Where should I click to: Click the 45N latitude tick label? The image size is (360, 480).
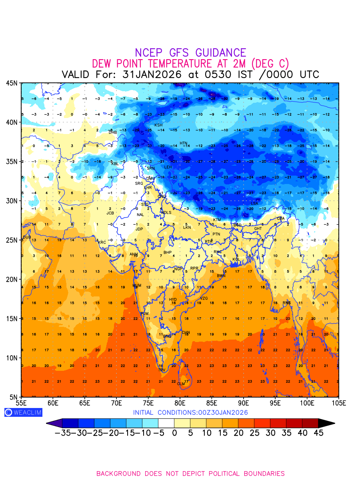[12, 83]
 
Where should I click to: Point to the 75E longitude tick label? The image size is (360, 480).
[148, 403]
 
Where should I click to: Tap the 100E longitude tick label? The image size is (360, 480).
[307, 403]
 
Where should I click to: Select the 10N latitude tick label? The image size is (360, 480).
[12, 358]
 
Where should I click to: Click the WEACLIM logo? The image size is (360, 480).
[23, 412]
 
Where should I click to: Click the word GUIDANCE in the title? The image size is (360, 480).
[221, 53]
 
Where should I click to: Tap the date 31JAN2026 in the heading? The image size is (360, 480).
[152, 75]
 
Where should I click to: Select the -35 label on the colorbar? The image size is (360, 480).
[63, 433]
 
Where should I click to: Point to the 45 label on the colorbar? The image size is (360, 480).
[318, 433]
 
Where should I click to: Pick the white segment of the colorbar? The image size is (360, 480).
[166, 423]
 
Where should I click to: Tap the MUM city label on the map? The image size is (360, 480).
[137, 286]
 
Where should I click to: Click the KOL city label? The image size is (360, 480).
[236, 260]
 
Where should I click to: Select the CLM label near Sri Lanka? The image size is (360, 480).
[181, 384]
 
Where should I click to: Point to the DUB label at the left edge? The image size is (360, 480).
[27, 237]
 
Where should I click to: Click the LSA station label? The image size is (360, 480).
[254, 204]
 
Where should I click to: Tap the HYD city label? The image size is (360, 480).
[173, 300]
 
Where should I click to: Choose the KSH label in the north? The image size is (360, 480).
[158, 125]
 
